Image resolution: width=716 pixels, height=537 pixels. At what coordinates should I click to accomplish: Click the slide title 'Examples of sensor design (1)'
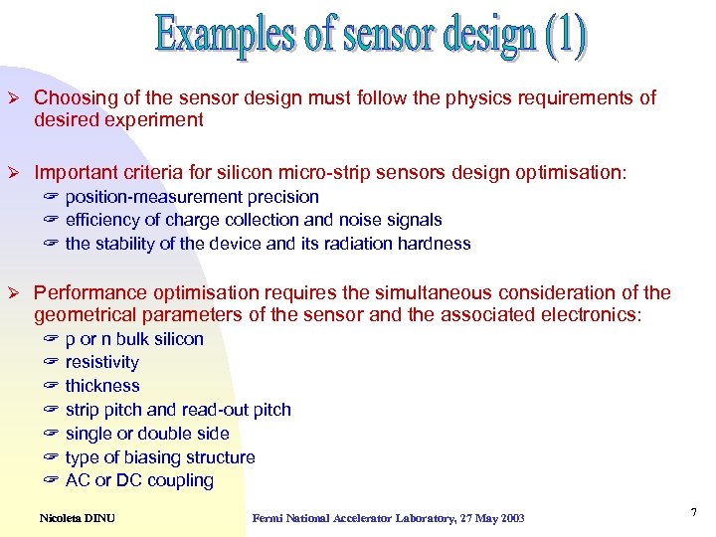(x=370, y=37)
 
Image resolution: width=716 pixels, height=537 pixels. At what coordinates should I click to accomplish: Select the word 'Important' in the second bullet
(x=74, y=173)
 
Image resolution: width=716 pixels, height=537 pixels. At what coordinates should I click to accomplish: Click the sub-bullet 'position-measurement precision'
(x=192, y=197)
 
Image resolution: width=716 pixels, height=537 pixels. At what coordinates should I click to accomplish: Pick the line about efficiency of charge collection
(x=254, y=220)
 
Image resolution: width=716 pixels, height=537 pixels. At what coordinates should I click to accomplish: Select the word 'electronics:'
(x=593, y=315)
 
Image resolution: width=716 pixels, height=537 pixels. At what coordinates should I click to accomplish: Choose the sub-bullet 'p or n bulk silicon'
(x=134, y=339)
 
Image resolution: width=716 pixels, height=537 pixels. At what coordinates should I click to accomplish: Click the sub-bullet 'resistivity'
(x=102, y=362)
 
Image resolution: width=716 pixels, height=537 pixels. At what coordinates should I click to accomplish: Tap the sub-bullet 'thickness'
(x=102, y=386)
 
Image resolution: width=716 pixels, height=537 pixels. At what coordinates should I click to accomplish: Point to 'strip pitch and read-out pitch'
(x=178, y=410)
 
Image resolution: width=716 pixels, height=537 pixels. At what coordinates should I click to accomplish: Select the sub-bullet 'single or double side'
(x=147, y=434)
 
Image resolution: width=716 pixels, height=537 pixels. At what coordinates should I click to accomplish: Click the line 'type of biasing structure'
(x=160, y=457)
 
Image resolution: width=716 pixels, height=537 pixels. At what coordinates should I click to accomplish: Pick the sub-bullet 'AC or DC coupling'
(x=139, y=480)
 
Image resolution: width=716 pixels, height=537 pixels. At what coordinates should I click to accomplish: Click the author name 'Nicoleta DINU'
(x=77, y=517)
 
